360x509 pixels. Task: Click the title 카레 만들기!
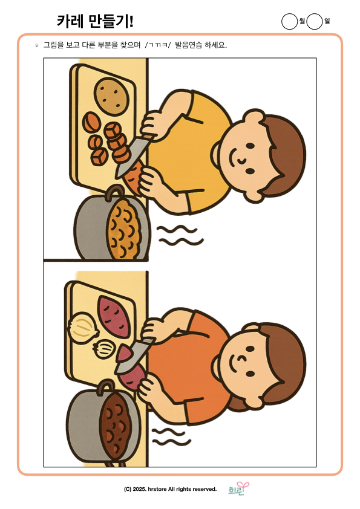pyautogui.click(x=95, y=21)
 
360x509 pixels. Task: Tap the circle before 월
pyautogui.click(x=289, y=21)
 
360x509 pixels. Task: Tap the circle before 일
pyautogui.click(x=315, y=21)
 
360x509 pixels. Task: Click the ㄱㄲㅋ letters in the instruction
pyautogui.click(x=158, y=45)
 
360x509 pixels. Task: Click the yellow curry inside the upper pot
pyautogui.click(x=125, y=229)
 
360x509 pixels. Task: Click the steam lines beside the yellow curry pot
pyautogui.click(x=180, y=236)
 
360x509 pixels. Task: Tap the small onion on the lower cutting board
pyautogui.click(x=103, y=349)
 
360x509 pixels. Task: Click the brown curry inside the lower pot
pyautogui.click(x=116, y=425)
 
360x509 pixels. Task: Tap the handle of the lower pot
pyautogui.click(x=106, y=387)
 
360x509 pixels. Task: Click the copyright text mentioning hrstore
pyautogui.click(x=170, y=489)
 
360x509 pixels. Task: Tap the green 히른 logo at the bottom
pyautogui.click(x=238, y=488)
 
